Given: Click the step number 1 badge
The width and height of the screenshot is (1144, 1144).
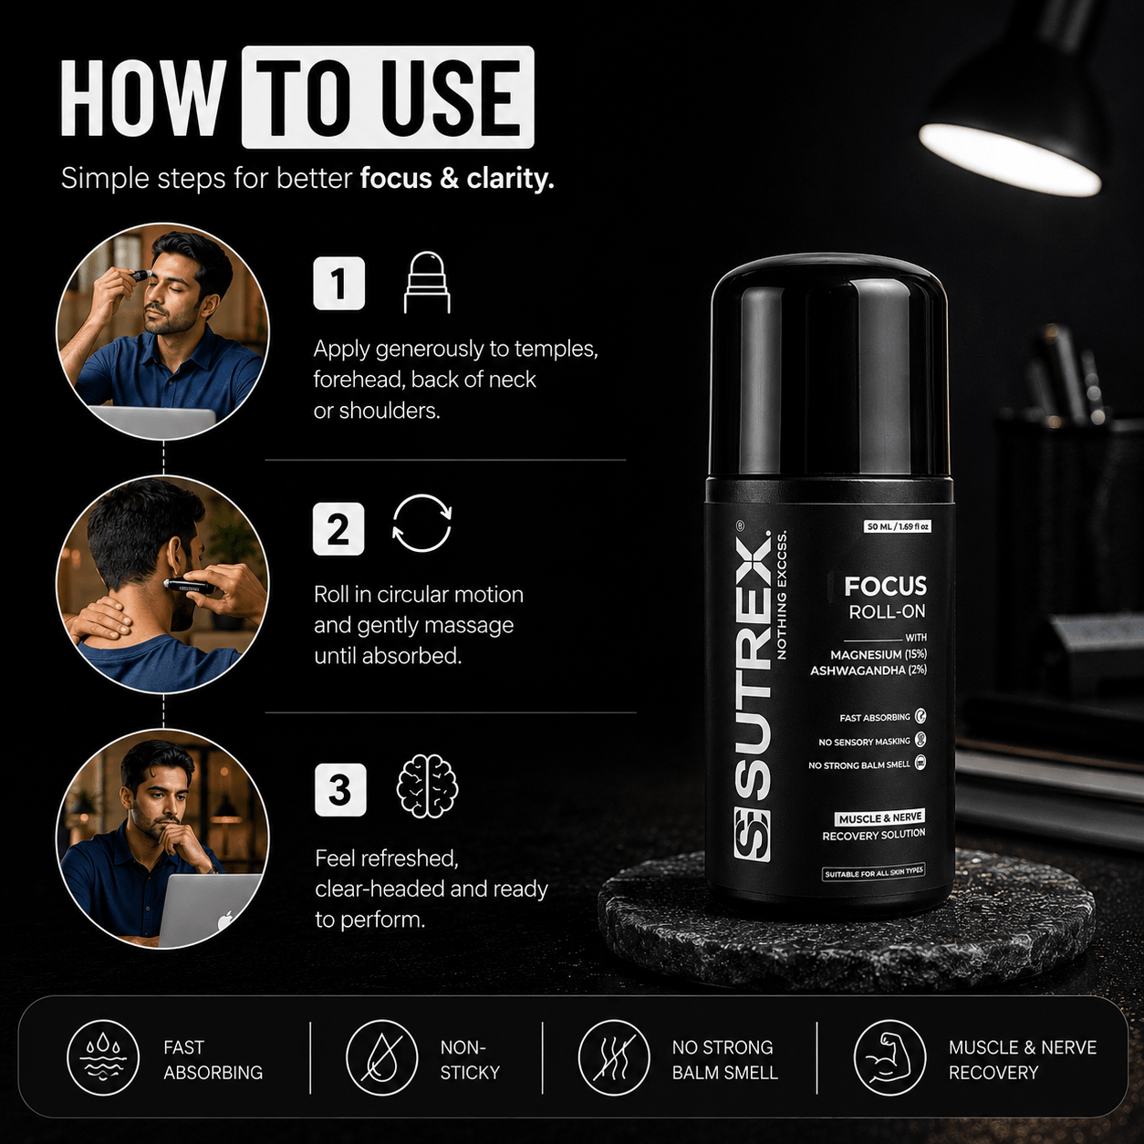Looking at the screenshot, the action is [339, 283].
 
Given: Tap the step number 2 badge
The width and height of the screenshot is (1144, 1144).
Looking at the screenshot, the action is [338, 528].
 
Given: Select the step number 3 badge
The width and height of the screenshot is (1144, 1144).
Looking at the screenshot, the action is [340, 790].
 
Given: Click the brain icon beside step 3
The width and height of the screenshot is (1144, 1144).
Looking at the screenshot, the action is [427, 786].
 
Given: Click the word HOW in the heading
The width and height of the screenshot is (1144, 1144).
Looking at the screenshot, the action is [143, 98].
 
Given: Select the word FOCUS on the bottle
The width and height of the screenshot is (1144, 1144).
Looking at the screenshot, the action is [885, 587].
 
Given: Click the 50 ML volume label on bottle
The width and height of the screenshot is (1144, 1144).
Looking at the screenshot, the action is [897, 526].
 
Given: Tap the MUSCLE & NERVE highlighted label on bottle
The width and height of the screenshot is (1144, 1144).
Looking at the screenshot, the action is [879, 818].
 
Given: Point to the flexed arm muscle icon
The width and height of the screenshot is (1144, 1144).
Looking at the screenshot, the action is [889, 1057].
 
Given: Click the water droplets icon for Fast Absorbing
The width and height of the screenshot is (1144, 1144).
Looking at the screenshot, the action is [103, 1057].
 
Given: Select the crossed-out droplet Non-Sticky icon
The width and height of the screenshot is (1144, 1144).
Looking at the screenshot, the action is [382, 1057].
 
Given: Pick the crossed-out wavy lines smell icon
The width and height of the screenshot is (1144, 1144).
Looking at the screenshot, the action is [615, 1057].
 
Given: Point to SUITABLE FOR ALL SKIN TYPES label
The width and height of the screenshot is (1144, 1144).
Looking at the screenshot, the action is [874, 873].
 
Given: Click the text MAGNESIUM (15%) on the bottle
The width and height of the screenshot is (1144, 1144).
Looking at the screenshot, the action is [879, 655].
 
